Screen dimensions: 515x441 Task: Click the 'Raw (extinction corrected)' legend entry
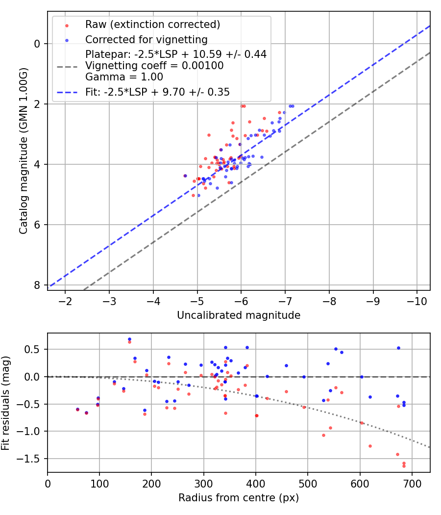point(152,25)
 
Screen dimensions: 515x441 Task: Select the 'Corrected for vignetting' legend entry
point(146,39)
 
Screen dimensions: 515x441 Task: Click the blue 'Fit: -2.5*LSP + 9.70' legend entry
point(157,92)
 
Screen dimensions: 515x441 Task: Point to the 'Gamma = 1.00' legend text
point(124,77)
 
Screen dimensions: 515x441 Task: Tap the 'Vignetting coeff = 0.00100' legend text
point(154,66)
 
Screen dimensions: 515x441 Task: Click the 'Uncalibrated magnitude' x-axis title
point(239,315)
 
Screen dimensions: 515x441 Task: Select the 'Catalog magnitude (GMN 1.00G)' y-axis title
point(23,151)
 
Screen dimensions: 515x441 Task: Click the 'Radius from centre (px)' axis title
point(239,498)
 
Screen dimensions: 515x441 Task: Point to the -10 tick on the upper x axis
point(417,300)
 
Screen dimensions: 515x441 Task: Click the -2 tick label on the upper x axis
point(65,300)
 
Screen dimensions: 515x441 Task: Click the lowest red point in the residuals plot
point(404,466)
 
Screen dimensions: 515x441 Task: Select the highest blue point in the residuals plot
point(129,339)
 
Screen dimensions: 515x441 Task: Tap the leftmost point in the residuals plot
point(77,409)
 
